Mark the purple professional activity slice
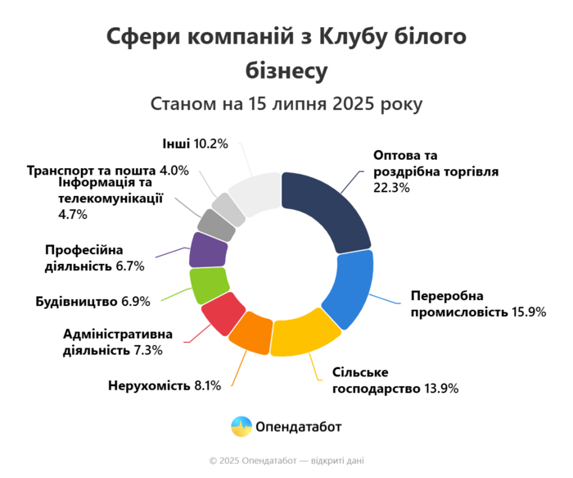point(206,249)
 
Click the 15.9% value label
point(527,312)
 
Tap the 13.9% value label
point(441,387)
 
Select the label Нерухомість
point(149,385)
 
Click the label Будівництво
point(77,301)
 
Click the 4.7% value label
point(73,215)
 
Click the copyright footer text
point(286,461)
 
